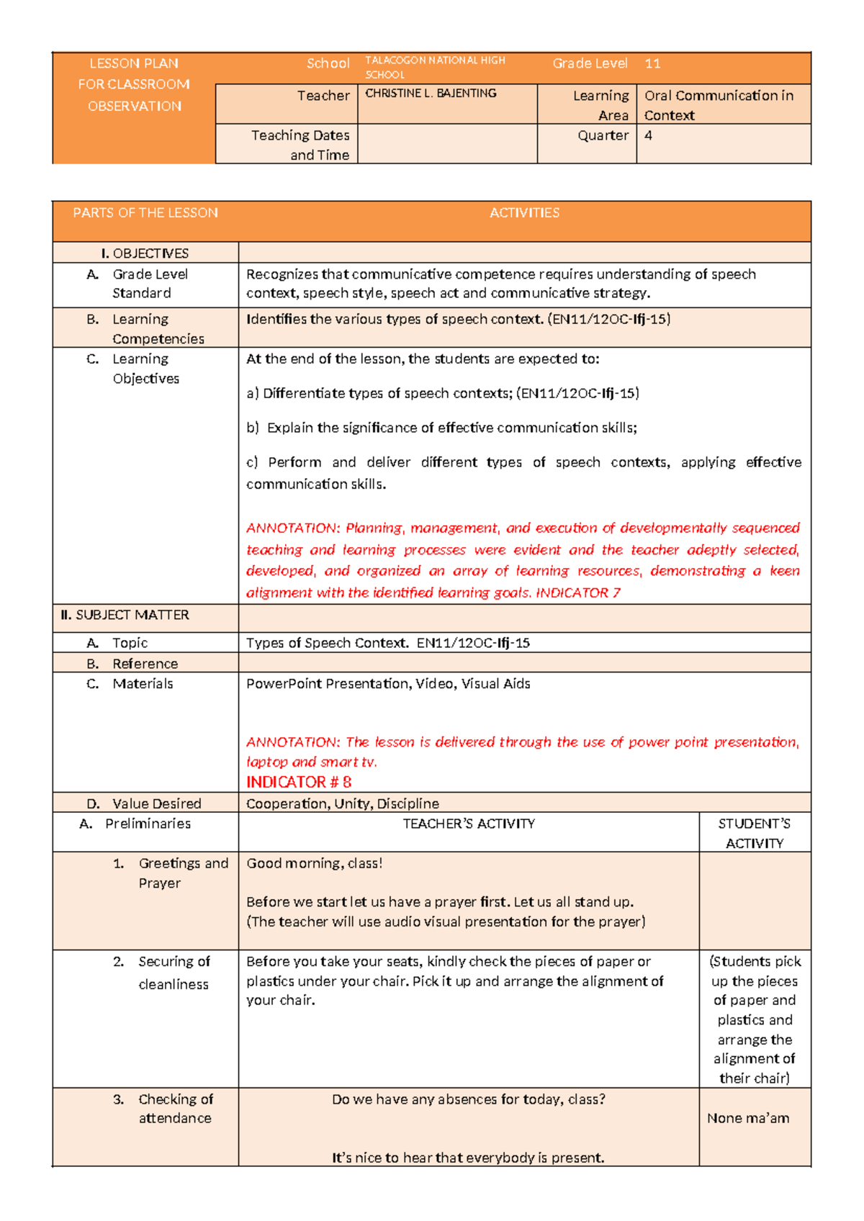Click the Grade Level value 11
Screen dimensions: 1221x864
652,63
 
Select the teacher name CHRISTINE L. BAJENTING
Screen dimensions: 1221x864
431,94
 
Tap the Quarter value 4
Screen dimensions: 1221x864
648,135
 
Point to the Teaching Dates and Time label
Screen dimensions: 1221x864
300,145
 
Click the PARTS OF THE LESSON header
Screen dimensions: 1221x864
145,213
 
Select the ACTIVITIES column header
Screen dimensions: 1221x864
524,213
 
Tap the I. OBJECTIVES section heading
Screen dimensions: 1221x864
145,253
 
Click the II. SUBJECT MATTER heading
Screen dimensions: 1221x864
125,615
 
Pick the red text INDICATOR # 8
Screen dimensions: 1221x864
299,782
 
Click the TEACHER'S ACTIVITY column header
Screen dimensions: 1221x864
469,824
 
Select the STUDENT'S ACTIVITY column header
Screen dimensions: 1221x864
754,833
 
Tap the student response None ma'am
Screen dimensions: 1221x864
748,1118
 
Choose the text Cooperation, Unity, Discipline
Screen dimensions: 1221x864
343,803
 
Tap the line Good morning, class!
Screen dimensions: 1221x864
315,863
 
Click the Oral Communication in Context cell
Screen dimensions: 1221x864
719,105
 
